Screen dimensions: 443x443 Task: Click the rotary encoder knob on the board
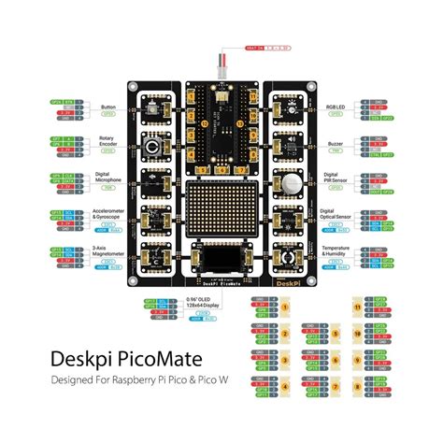coord(150,147)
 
